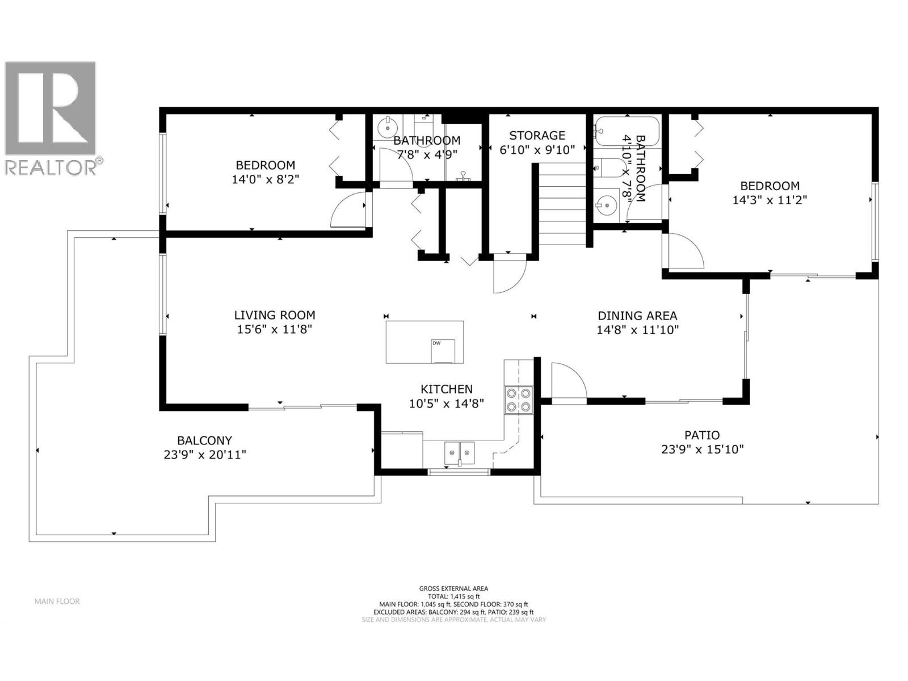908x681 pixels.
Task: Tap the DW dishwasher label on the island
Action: point(436,343)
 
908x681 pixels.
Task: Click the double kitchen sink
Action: point(460,452)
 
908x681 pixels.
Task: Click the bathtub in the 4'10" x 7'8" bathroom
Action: point(628,131)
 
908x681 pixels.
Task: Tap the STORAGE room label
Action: point(537,135)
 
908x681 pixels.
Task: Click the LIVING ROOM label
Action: point(275,315)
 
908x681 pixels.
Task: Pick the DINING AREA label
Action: point(637,316)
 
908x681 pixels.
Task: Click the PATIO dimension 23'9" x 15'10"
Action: point(702,449)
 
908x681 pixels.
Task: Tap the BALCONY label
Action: point(204,440)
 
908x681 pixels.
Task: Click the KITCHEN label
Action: point(446,389)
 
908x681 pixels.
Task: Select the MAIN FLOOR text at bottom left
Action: point(57,601)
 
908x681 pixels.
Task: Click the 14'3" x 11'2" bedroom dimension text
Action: point(770,200)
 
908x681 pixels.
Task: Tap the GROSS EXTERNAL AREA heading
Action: point(453,588)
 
